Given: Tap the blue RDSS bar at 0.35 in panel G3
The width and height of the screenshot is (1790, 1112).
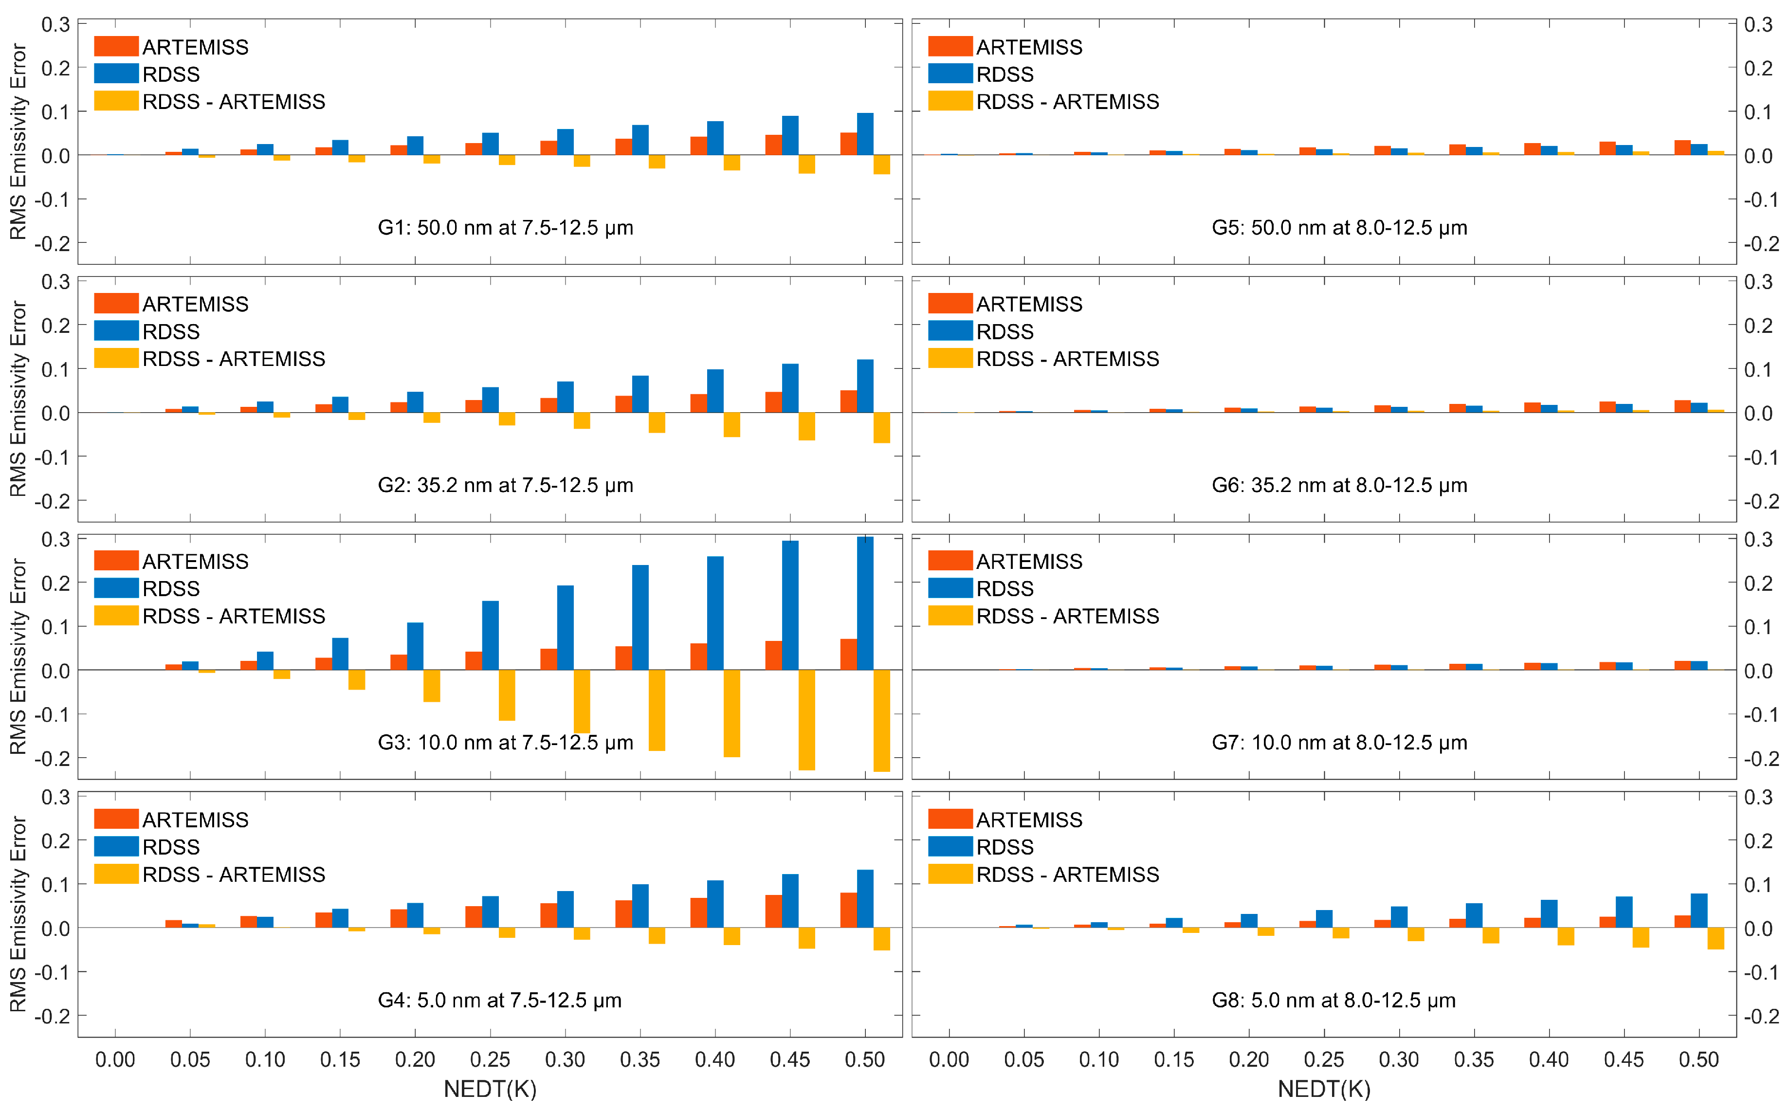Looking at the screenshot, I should click(640, 618).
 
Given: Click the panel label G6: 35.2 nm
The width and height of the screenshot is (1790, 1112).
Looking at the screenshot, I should click(1339, 485).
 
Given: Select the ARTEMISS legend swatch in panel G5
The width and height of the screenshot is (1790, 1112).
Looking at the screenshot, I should click(950, 46).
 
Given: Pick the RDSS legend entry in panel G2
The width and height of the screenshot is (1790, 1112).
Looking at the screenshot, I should click(171, 332).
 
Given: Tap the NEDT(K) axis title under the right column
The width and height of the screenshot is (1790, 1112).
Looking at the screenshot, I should click(1324, 1089).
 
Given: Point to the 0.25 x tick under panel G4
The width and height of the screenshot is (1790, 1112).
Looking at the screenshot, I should click(490, 1060).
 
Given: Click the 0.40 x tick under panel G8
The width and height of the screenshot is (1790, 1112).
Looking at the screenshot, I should click(1549, 1060).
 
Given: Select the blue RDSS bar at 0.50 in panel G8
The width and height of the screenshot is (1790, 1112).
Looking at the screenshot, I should click(1699, 911).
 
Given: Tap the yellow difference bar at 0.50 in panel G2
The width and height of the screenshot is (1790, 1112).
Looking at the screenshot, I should click(882, 428).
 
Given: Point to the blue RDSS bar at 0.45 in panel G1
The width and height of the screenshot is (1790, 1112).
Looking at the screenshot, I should click(790, 135).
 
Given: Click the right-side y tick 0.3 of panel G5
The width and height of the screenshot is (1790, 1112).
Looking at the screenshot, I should click(1758, 24).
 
